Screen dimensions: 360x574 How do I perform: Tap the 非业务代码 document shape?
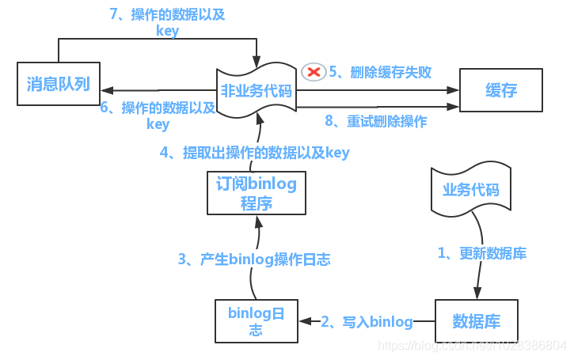[x=256, y=91]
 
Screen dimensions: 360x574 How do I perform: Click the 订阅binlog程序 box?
[x=256, y=193]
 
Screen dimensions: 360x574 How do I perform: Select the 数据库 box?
[x=476, y=321]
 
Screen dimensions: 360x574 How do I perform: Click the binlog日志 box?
[x=256, y=321]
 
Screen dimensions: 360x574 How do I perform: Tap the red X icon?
[x=314, y=72]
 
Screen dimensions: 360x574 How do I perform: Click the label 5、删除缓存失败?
[x=380, y=72]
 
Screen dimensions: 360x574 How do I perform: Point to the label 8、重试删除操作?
[x=376, y=121]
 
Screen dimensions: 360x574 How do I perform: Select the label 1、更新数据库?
[x=482, y=253]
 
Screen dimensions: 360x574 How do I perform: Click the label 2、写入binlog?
[x=367, y=321]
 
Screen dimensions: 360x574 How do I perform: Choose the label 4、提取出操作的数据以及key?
[x=255, y=153]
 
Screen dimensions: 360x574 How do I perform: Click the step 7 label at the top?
[x=169, y=23]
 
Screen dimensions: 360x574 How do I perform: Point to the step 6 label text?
[x=158, y=116]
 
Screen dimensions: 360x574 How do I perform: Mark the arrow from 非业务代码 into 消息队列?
[x=158, y=90]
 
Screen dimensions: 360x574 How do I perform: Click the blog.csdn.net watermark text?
[x=473, y=346]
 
